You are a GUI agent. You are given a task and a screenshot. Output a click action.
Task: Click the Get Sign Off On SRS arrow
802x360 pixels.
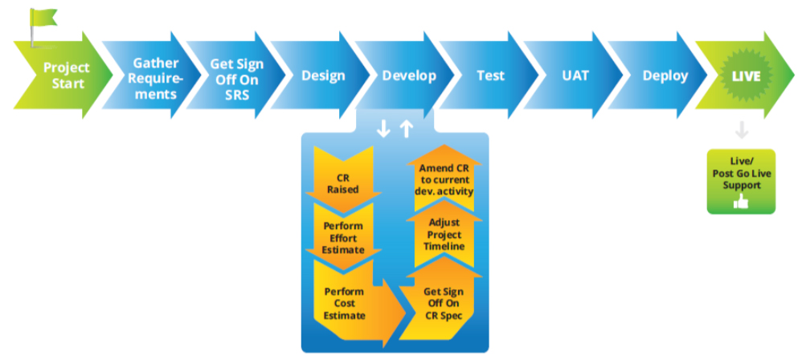pyautogui.click(x=235, y=77)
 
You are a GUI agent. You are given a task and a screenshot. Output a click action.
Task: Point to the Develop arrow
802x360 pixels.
pyautogui.click(x=408, y=76)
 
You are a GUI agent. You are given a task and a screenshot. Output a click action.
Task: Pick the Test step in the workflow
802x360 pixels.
pyautogui.click(x=490, y=76)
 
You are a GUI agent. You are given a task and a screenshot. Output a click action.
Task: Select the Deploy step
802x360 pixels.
pyautogui.click(x=665, y=76)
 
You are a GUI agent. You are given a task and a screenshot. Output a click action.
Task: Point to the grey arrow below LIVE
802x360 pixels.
pyautogui.click(x=742, y=129)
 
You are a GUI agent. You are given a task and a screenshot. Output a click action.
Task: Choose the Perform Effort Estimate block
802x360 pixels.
pyautogui.click(x=343, y=238)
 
